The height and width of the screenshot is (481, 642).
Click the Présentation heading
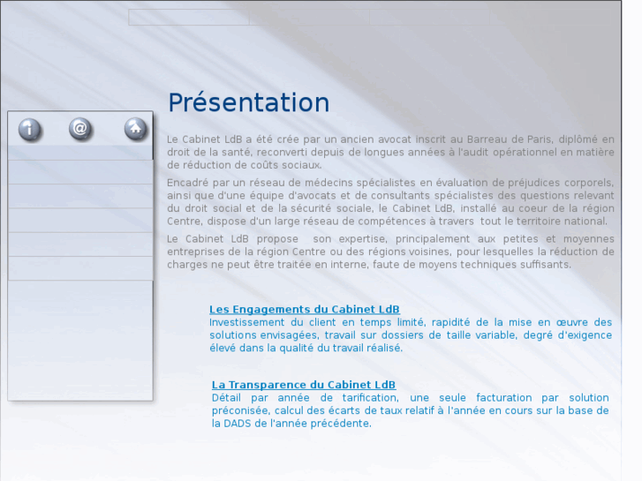point(248,102)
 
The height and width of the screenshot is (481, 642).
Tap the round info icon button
point(30,129)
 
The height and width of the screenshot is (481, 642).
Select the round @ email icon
point(80,129)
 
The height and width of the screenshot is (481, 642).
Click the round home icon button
point(135,129)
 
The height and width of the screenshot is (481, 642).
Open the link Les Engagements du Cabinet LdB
point(304,309)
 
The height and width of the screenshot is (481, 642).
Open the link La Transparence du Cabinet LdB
point(304,385)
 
